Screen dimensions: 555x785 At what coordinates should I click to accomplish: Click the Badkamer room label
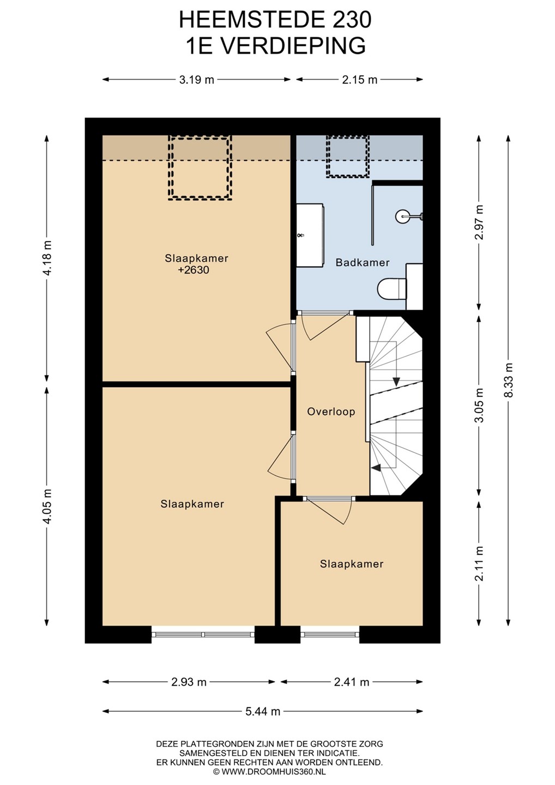(363, 263)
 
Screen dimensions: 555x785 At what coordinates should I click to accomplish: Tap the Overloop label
(331, 412)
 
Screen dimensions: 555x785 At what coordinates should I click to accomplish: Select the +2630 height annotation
(193, 270)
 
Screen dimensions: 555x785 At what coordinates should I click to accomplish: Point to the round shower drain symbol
(402, 216)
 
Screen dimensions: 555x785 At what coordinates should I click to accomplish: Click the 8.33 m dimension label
(509, 380)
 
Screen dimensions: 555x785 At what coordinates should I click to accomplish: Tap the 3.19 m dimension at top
(197, 80)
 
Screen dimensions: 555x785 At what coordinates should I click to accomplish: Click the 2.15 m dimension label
(359, 80)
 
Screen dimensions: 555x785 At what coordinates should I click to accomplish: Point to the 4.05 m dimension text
(46, 506)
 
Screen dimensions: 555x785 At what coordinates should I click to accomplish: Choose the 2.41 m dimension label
(352, 682)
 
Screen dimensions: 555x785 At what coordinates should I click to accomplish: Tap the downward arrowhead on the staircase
(396, 381)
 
